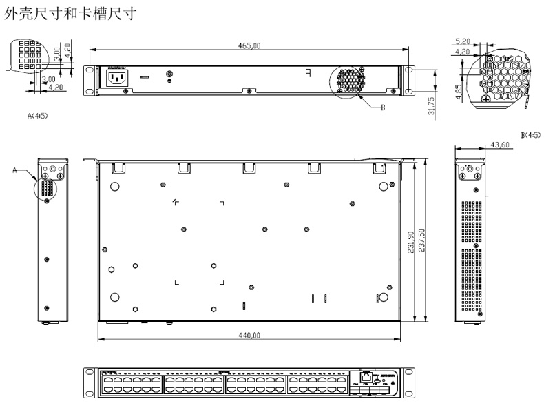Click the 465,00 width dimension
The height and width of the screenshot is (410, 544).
point(249,45)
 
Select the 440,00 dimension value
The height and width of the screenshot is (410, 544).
point(249,335)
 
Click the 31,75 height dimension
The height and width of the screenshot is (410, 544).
point(432,106)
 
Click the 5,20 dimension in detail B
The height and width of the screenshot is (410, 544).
point(463,42)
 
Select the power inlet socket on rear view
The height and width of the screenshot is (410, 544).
point(115,77)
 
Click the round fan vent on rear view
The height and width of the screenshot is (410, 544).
point(352,81)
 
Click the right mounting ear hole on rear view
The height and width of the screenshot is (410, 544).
point(409,71)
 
